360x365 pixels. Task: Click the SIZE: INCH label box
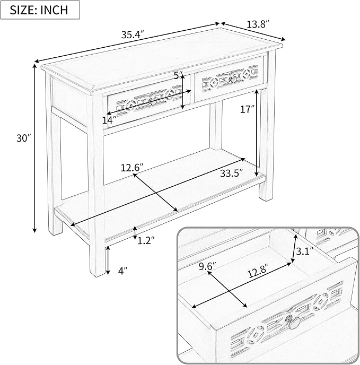coord(40,10)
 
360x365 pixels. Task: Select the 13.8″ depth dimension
coord(258,24)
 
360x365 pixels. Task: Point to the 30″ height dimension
coord(24,138)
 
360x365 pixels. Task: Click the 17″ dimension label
coord(248,109)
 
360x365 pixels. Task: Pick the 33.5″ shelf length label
coord(232,173)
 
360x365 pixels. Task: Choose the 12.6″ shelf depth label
coord(132,167)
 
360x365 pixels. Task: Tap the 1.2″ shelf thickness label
coord(146,240)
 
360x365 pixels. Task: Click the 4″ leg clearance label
coord(123,271)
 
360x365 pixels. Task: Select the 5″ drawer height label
coord(179,75)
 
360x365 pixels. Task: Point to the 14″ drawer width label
coord(110,120)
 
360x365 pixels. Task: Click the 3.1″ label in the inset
coord(305,251)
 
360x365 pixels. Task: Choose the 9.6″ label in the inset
coord(208,266)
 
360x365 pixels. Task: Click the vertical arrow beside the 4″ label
coord(108,260)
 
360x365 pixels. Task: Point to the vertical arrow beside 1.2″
coord(135,233)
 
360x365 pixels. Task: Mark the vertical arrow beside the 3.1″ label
coord(294,248)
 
